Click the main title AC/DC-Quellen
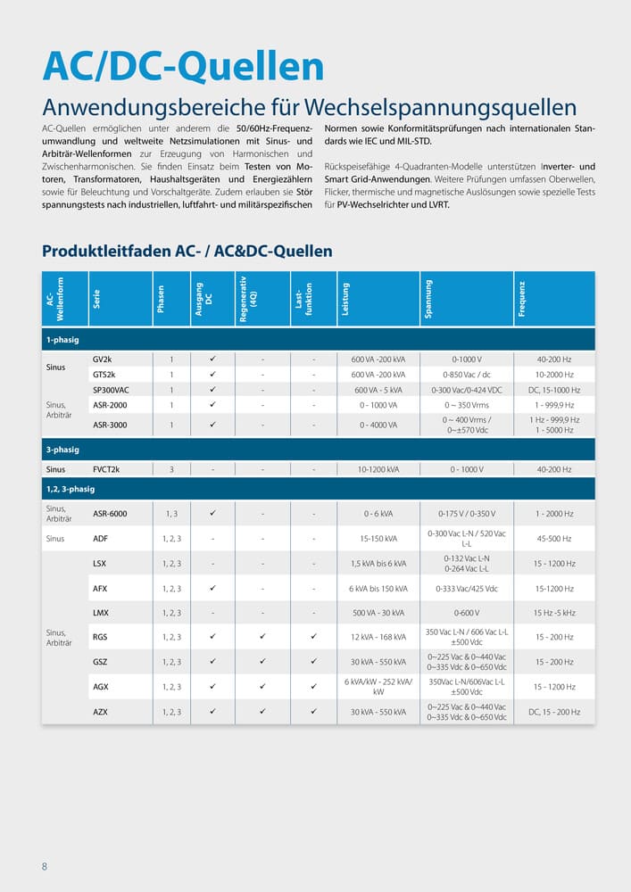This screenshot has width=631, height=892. pyautogui.click(x=183, y=67)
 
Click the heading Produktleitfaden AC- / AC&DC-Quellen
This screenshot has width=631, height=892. pyautogui.click(x=187, y=252)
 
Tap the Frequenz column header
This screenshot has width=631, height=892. pyautogui.click(x=522, y=299)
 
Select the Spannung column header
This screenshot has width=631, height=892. pyautogui.click(x=428, y=299)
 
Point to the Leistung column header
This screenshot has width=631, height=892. pyautogui.click(x=345, y=299)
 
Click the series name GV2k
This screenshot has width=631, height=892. pyautogui.click(x=103, y=359)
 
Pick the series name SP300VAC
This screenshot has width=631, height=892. pyautogui.click(x=111, y=391)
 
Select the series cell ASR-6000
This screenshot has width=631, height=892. pyautogui.click(x=110, y=514)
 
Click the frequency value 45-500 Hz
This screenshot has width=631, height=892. pyautogui.click(x=553, y=539)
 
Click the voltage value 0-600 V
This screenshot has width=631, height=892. pyautogui.click(x=467, y=613)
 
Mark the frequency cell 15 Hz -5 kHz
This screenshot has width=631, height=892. pyautogui.click(x=553, y=613)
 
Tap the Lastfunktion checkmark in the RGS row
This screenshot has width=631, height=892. pyautogui.click(x=314, y=637)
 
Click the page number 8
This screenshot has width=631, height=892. pyautogui.click(x=45, y=866)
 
